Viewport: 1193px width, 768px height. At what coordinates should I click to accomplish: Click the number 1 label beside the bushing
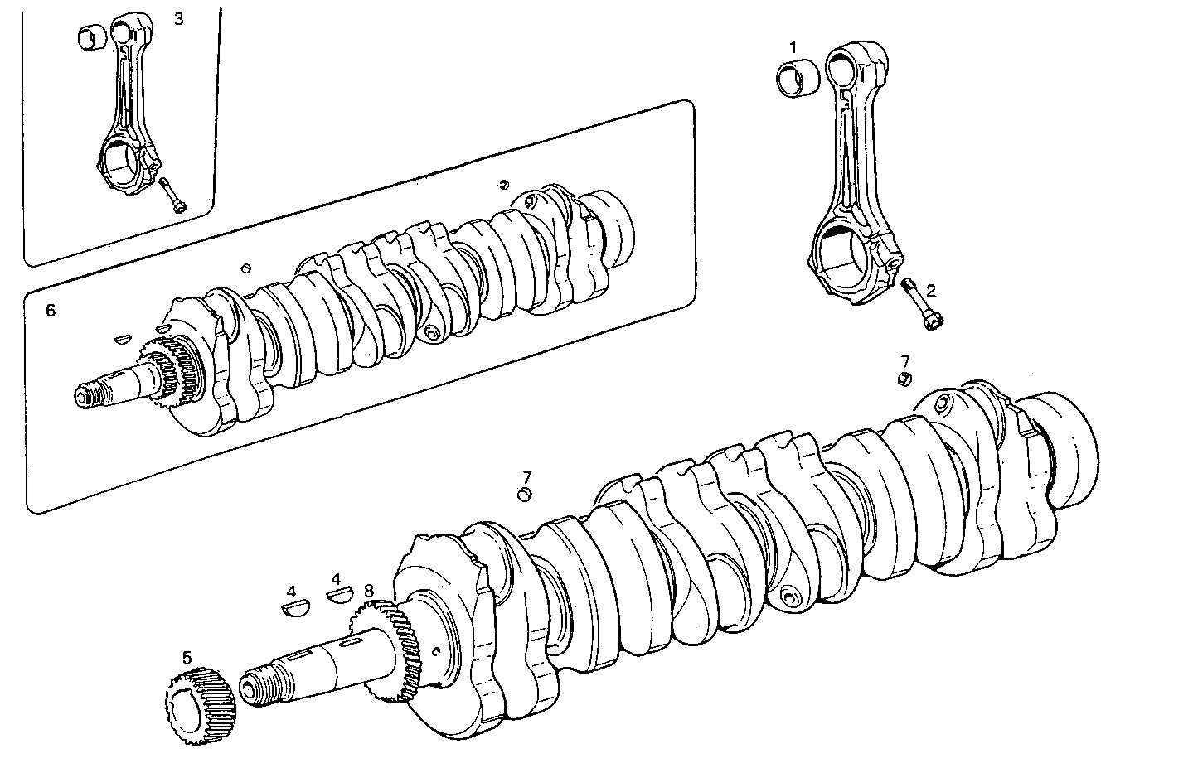pyautogui.click(x=793, y=46)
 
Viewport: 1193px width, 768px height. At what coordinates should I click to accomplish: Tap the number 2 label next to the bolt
pyautogui.click(x=930, y=290)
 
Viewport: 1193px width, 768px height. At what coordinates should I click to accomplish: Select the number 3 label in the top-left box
pyautogui.click(x=179, y=18)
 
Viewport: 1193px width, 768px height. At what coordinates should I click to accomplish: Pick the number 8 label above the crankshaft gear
pyautogui.click(x=369, y=591)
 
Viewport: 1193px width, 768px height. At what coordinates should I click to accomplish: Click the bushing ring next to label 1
pyautogui.click(x=797, y=79)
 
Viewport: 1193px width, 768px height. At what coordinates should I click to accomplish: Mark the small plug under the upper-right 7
pyautogui.click(x=905, y=379)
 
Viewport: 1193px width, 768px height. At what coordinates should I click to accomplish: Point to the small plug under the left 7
pyautogui.click(x=524, y=495)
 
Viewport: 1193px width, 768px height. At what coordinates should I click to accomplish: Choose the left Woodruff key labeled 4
pyautogui.click(x=291, y=609)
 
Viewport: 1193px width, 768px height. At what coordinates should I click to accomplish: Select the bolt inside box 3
pyautogui.click(x=172, y=196)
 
